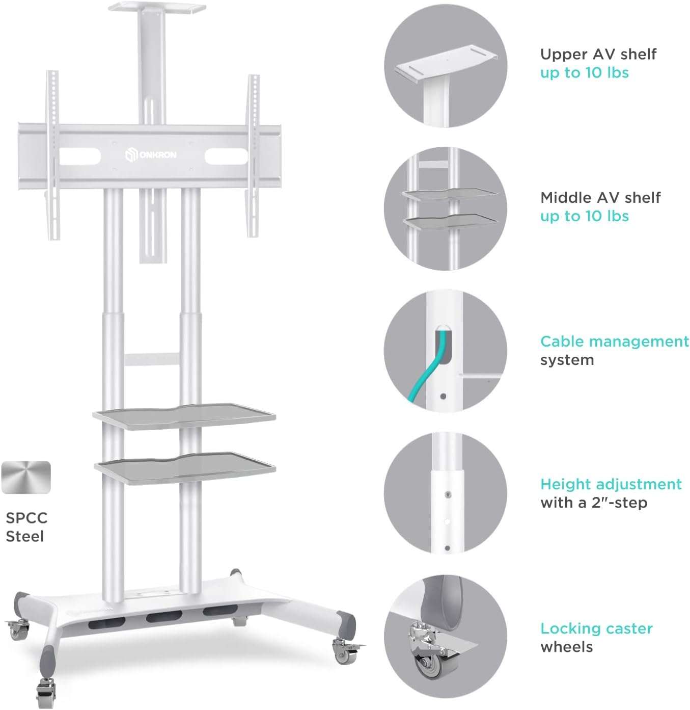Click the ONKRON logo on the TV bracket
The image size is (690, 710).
click(151, 154)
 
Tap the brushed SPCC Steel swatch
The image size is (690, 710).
click(26, 478)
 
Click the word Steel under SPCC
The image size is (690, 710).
click(24, 536)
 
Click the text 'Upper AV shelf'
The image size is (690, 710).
click(598, 54)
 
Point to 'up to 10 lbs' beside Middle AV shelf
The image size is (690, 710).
click(584, 216)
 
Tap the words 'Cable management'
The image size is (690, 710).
click(614, 341)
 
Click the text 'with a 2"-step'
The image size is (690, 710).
click(594, 503)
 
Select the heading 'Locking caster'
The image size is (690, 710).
click(596, 628)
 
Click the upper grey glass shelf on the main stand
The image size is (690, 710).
click(184, 415)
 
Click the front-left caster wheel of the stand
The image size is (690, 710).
click(46, 693)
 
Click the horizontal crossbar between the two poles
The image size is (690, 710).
click(152, 359)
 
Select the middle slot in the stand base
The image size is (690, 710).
click(162, 617)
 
